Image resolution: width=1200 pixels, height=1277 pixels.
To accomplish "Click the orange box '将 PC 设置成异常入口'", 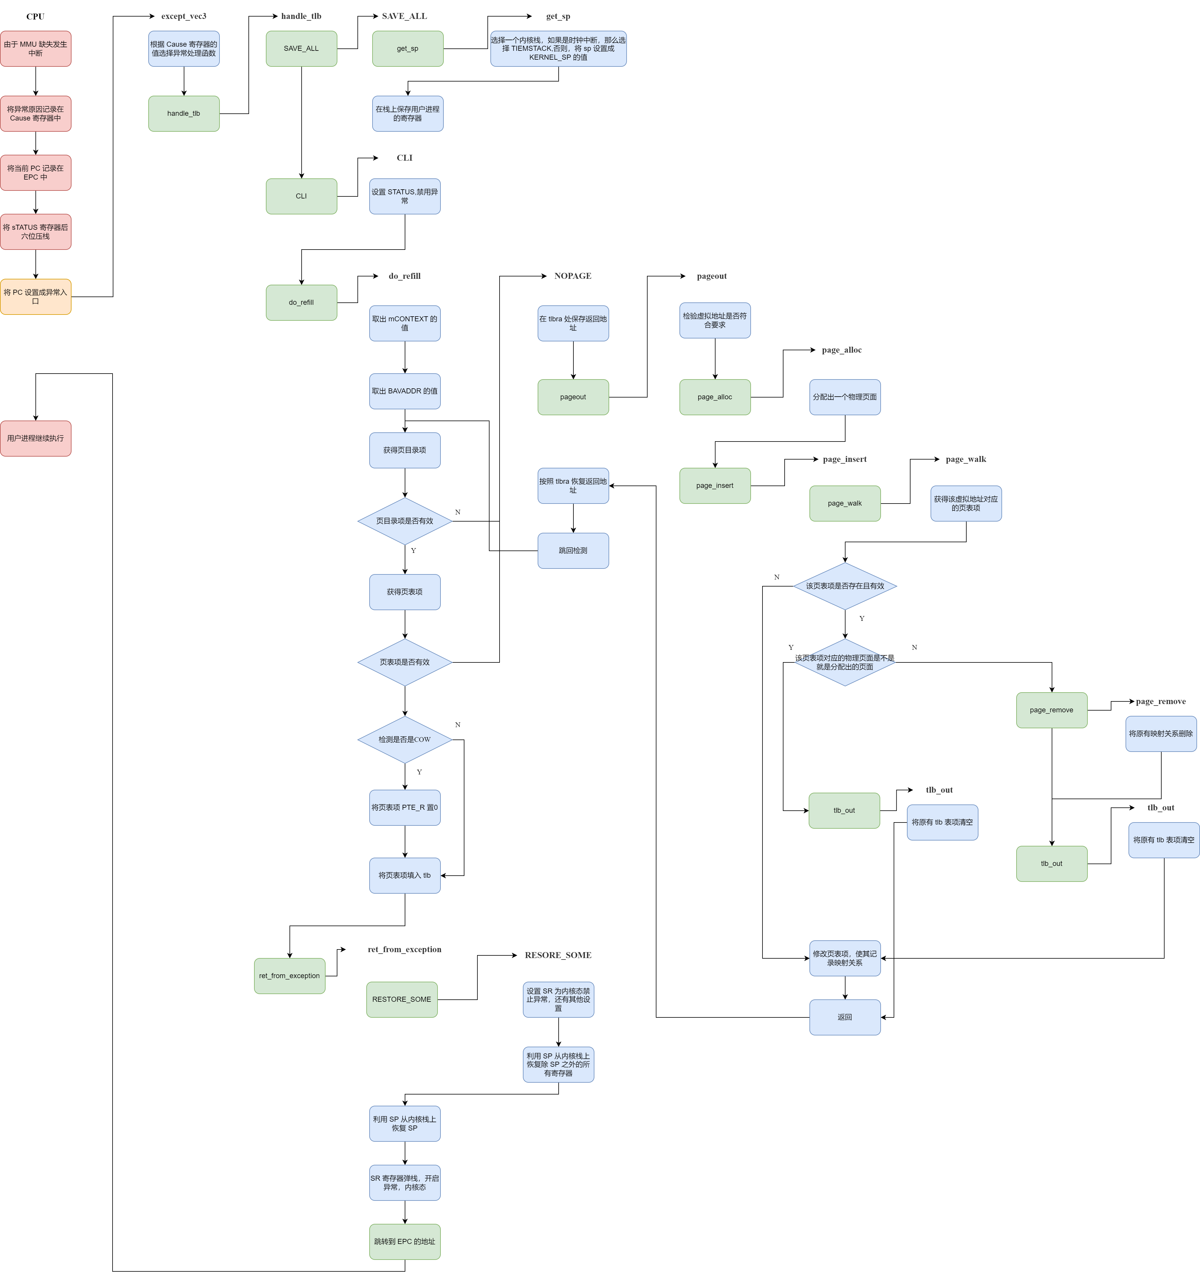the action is click(35, 297).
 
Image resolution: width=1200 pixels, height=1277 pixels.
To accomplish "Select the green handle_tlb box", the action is click(184, 114).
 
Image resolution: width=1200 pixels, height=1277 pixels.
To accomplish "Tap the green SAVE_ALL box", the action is click(301, 49).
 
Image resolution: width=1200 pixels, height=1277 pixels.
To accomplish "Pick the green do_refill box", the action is click(301, 302).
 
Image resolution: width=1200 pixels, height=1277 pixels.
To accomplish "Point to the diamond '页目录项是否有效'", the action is click(405, 521).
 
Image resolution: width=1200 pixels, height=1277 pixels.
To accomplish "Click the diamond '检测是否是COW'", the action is click(405, 739).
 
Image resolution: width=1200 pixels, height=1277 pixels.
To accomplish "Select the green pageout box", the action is click(573, 397).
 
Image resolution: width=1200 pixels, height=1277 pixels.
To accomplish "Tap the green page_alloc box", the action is click(715, 397).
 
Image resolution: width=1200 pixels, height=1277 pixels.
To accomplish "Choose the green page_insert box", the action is click(715, 486).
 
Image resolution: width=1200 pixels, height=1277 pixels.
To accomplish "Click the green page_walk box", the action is click(845, 504).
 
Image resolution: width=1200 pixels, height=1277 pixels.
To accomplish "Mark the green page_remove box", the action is click(1052, 711).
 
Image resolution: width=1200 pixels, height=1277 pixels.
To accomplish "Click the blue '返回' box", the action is click(845, 1017).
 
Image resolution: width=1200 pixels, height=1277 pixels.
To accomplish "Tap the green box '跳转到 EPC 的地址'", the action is click(405, 1242).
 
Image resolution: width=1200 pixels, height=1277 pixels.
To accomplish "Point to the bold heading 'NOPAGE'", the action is click(573, 276).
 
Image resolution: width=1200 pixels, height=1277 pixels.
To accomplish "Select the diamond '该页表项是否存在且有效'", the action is click(845, 586).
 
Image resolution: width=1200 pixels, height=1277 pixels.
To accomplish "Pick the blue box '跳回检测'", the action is click(573, 550).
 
